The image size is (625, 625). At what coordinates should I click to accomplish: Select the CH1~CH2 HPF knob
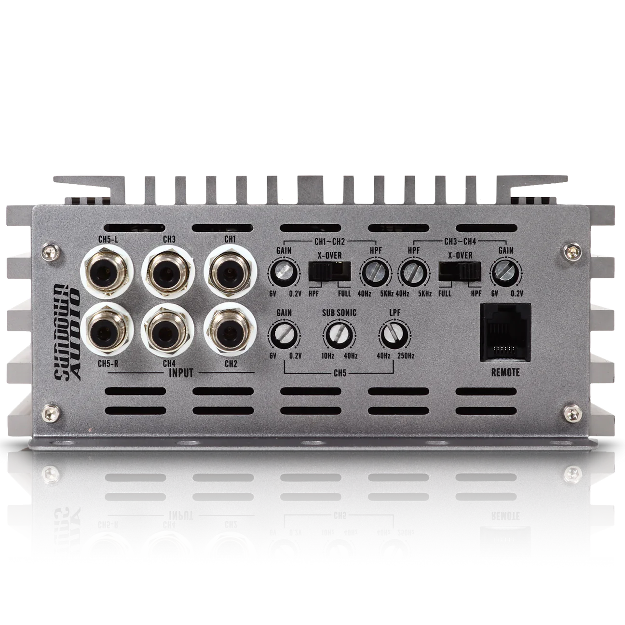(372, 274)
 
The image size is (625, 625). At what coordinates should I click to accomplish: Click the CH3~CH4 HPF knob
(413, 274)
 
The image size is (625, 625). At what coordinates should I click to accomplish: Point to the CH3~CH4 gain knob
(503, 274)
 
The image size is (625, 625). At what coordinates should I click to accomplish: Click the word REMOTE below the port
(505, 372)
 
